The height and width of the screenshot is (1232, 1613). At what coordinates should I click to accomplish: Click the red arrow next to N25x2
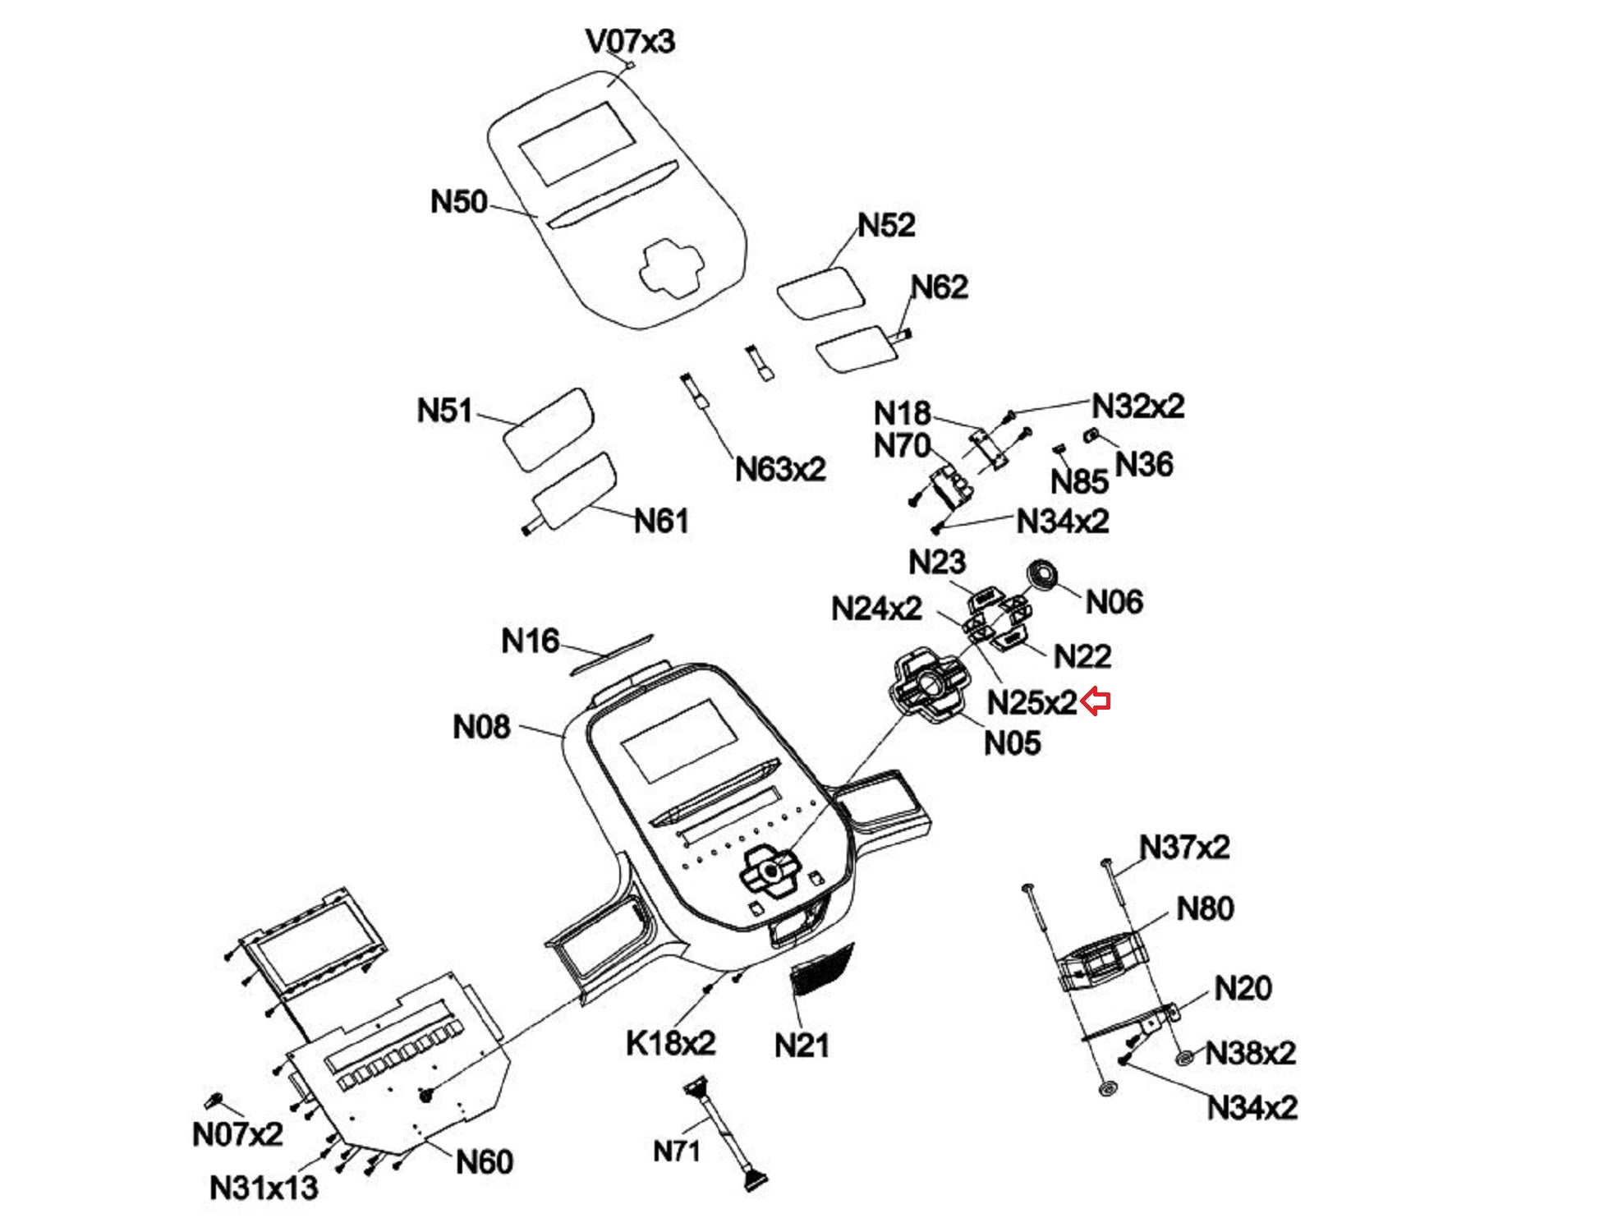pyautogui.click(x=1096, y=701)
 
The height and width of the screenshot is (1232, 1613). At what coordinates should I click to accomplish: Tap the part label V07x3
pyautogui.click(x=630, y=40)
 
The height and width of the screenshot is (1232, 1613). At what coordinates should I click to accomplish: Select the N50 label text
pyautogui.click(x=458, y=201)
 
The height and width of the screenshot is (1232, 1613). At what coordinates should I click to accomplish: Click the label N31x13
pyautogui.click(x=263, y=1187)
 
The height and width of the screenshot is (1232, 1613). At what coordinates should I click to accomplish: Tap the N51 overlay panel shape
pyautogui.click(x=548, y=429)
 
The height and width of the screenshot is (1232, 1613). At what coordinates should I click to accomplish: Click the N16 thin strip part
pyautogui.click(x=612, y=654)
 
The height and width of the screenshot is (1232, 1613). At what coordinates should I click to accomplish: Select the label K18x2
pyautogui.click(x=670, y=1043)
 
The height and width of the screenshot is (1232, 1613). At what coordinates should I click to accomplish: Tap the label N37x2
pyautogui.click(x=1183, y=847)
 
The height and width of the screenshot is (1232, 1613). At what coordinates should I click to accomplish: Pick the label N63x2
pyautogui.click(x=779, y=469)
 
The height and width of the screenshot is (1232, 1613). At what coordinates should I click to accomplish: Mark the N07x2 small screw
pyautogui.click(x=214, y=1100)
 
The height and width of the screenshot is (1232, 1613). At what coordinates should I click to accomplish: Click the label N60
pyautogui.click(x=484, y=1161)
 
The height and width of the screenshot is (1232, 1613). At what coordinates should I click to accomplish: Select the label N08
pyautogui.click(x=481, y=727)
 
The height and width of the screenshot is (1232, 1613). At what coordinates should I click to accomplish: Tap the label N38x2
pyautogui.click(x=1249, y=1053)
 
